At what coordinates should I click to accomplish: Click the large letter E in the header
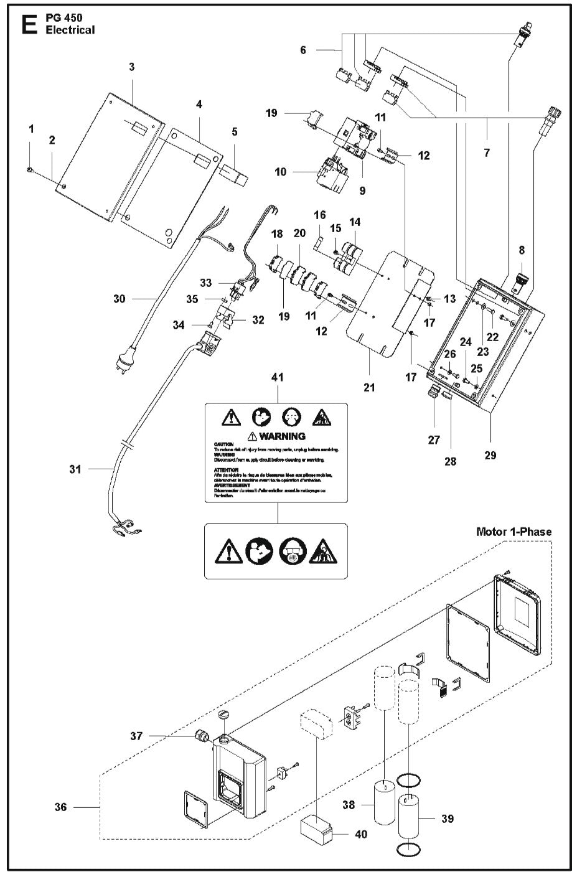click(x=27, y=24)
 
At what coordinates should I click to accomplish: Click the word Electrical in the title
click(x=70, y=30)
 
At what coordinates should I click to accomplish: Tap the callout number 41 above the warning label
click(x=277, y=377)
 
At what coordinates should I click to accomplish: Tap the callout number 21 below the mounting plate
click(x=369, y=388)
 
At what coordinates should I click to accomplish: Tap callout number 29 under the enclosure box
click(x=490, y=456)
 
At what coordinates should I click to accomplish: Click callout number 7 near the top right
click(x=486, y=151)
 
